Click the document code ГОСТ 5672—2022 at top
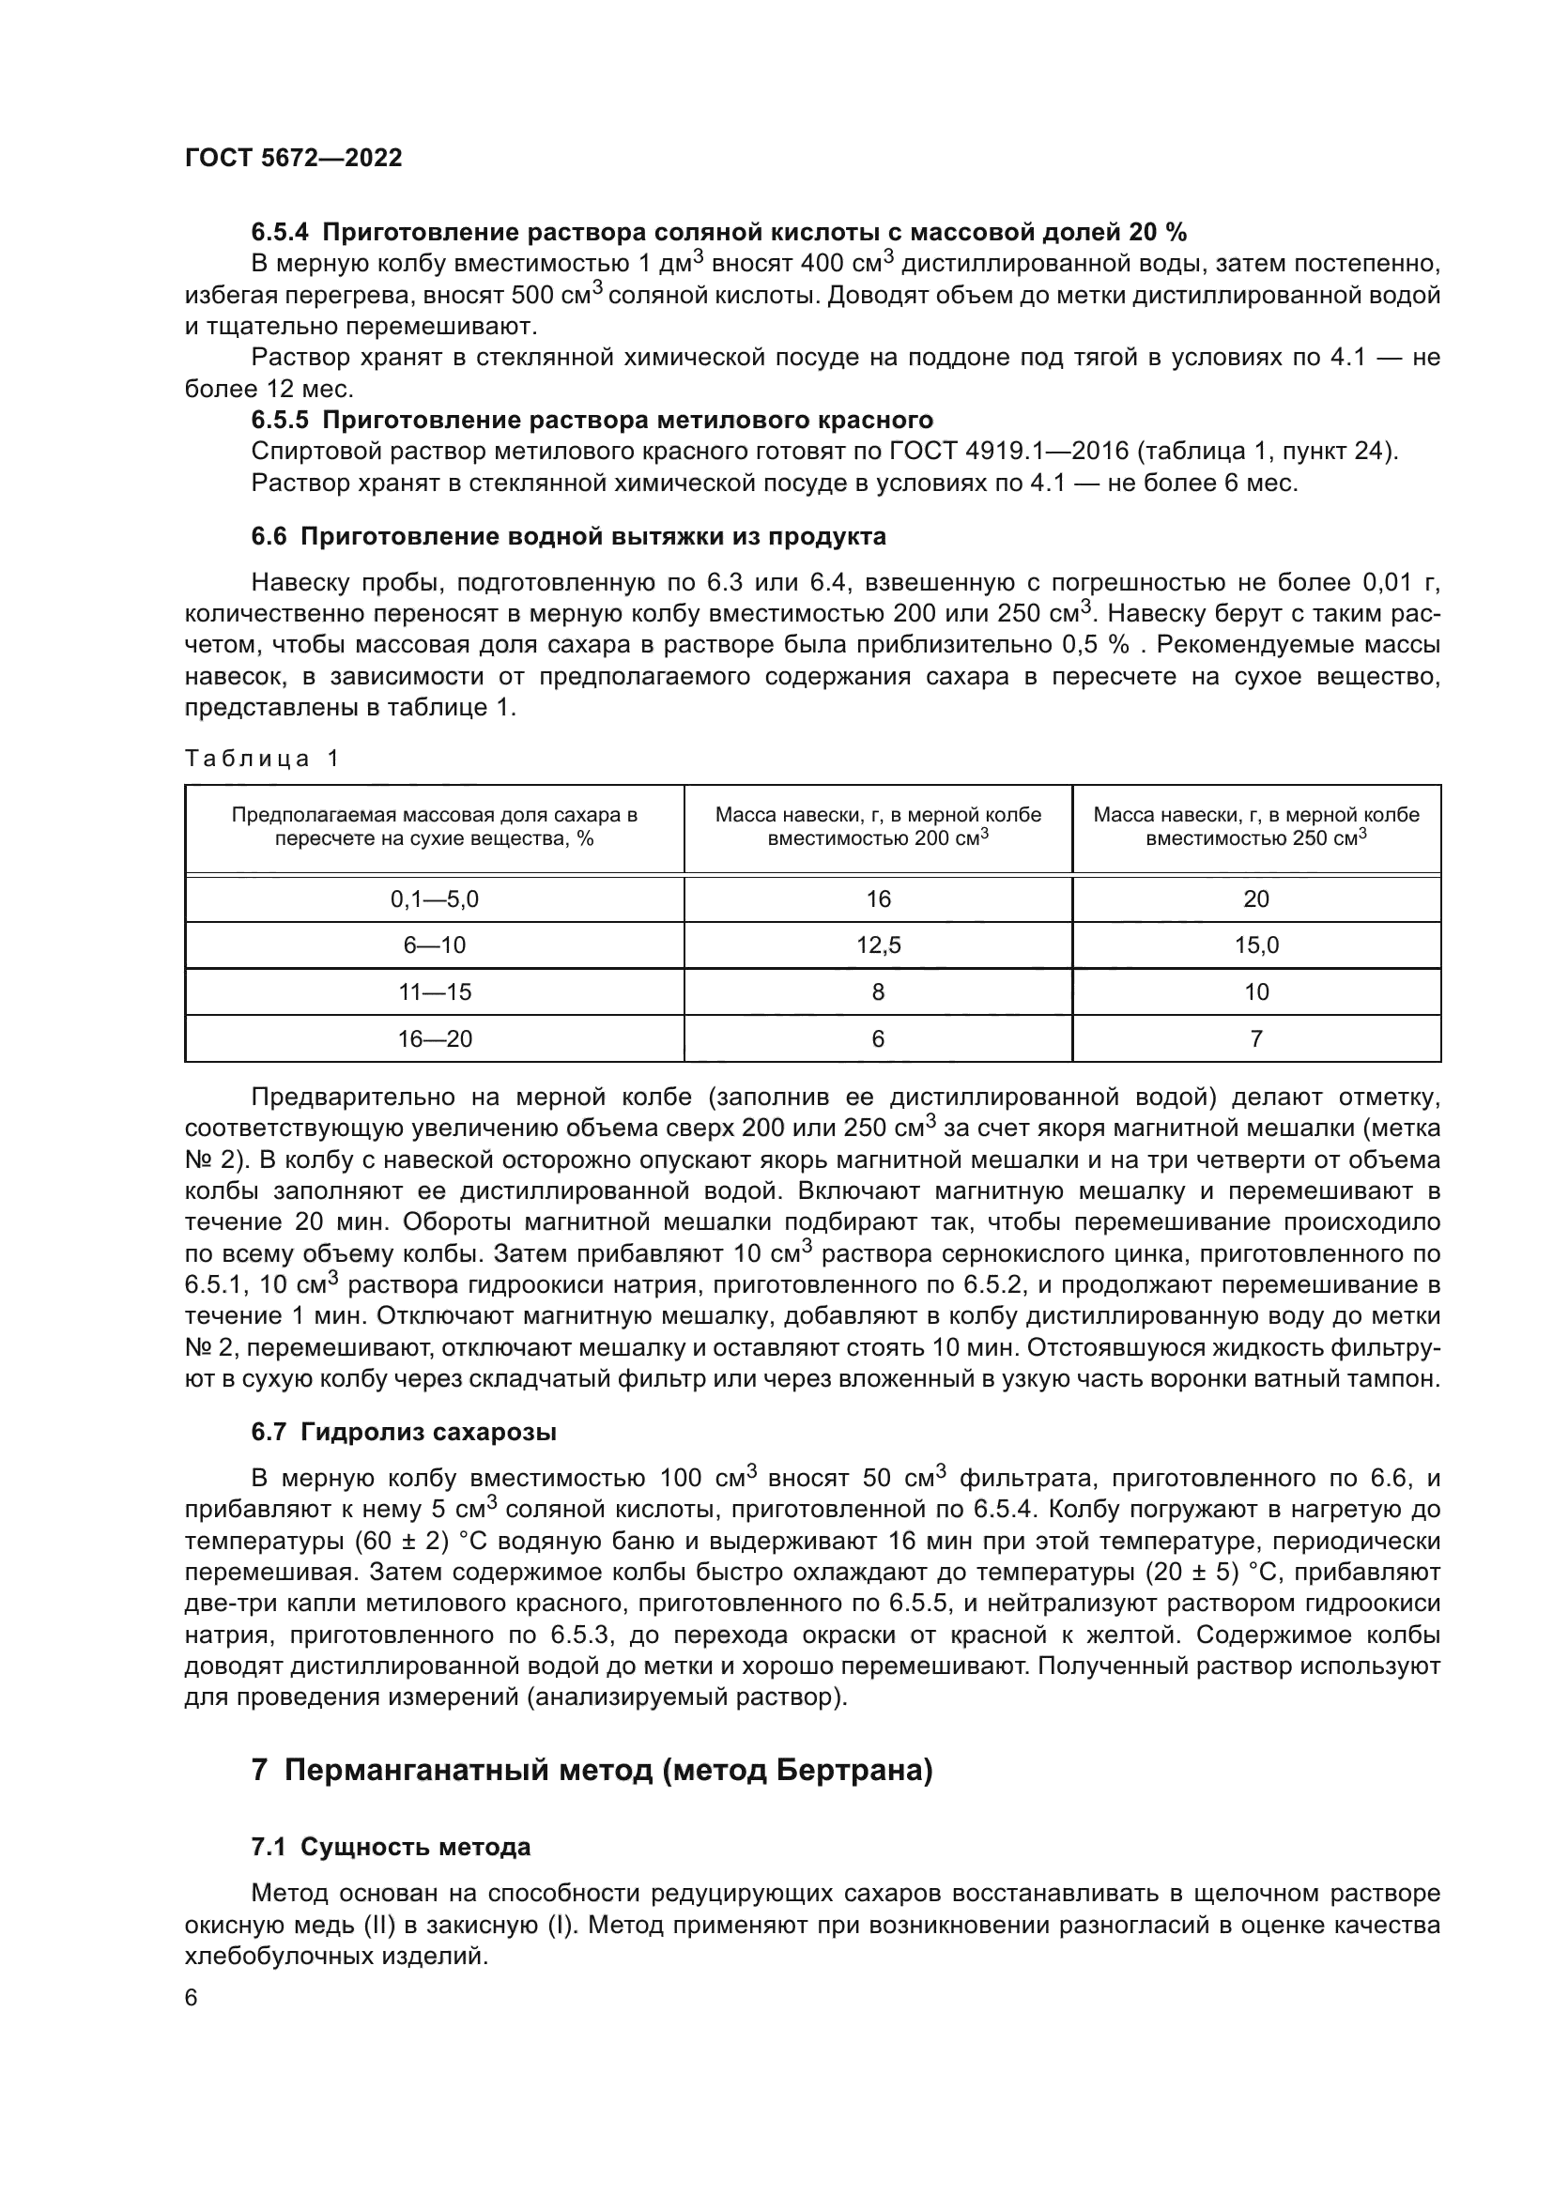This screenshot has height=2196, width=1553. pyautogui.click(x=294, y=158)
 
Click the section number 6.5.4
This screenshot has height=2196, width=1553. pyautogui.click(x=282, y=233)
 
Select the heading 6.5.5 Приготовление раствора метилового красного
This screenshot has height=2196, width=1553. pyautogui.click(x=592, y=420)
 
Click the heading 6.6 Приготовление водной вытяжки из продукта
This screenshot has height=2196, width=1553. pyautogui.click(x=568, y=537)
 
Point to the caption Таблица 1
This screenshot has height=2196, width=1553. pyautogui.click(x=262, y=759)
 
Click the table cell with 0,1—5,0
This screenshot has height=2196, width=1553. pyautogui.click(x=434, y=899)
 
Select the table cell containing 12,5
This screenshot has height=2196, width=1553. pyautogui.click(x=878, y=946)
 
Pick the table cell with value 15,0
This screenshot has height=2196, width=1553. pyautogui.click(x=1255, y=946)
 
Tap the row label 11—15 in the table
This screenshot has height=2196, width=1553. pyautogui.click(x=434, y=991)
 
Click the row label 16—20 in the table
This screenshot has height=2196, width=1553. pyautogui.click(x=434, y=1038)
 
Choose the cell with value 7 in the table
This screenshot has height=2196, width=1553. pyautogui.click(x=1255, y=1038)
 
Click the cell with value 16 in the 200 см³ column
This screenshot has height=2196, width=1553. pyautogui.click(x=878, y=899)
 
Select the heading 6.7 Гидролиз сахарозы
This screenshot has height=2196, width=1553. pyautogui.click(x=404, y=1432)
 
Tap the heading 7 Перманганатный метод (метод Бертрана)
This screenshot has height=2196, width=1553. pyautogui.click(x=591, y=1771)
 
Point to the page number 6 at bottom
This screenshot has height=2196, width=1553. pyautogui.click(x=192, y=1998)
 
